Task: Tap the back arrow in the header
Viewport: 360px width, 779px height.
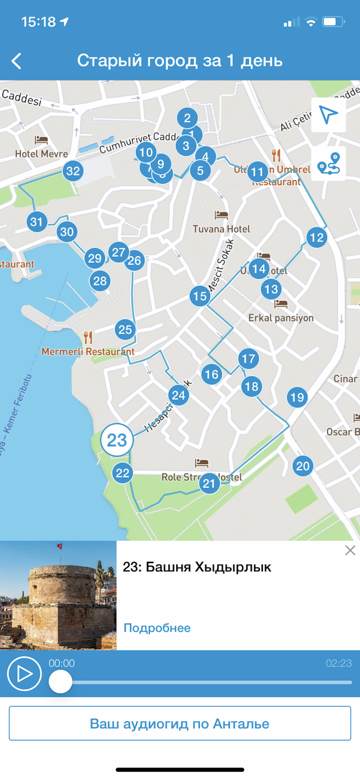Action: (x=17, y=61)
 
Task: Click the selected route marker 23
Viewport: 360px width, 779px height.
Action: (x=117, y=440)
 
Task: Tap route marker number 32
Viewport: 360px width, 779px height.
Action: (x=73, y=171)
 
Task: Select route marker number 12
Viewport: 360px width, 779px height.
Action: (x=316, y=238)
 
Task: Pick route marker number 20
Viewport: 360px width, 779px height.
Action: (x=302, y=465)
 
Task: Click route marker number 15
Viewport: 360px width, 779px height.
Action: (x=199, y=296)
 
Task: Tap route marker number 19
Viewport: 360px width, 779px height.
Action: (x=297, y=398)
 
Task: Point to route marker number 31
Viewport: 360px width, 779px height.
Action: (x=36, y=222)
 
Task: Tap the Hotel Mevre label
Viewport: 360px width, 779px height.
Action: (x=42, y=154)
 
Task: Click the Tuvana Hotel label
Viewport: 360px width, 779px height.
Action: (x=221, y=229)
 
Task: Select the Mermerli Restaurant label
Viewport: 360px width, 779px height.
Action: (x=88, y=352)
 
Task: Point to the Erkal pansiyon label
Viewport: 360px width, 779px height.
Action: (x=281, y=317)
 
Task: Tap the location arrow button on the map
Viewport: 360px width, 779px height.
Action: (x=328, y=115)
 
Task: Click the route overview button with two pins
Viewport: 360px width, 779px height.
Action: (x=328, y=163)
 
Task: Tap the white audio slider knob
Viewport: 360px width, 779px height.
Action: (x=60, y=681)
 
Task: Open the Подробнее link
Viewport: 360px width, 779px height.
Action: (x=157, y=628)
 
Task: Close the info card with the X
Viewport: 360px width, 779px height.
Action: (x=350, y=550)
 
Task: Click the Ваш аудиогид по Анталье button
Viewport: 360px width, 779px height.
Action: (x=180, y=723)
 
